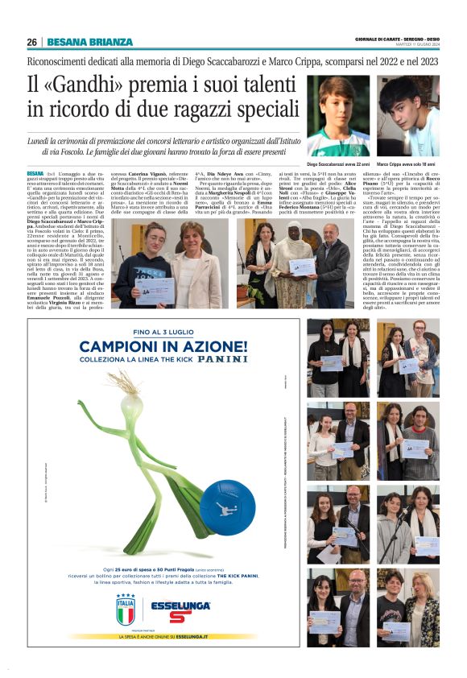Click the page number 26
coord(31,43)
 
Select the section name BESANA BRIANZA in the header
coord(89,43)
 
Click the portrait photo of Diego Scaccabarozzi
coord(337,116)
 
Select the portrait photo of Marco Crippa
coord(408,116)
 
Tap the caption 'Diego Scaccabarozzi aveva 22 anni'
coord(338,163)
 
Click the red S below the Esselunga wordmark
coord(180,617)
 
